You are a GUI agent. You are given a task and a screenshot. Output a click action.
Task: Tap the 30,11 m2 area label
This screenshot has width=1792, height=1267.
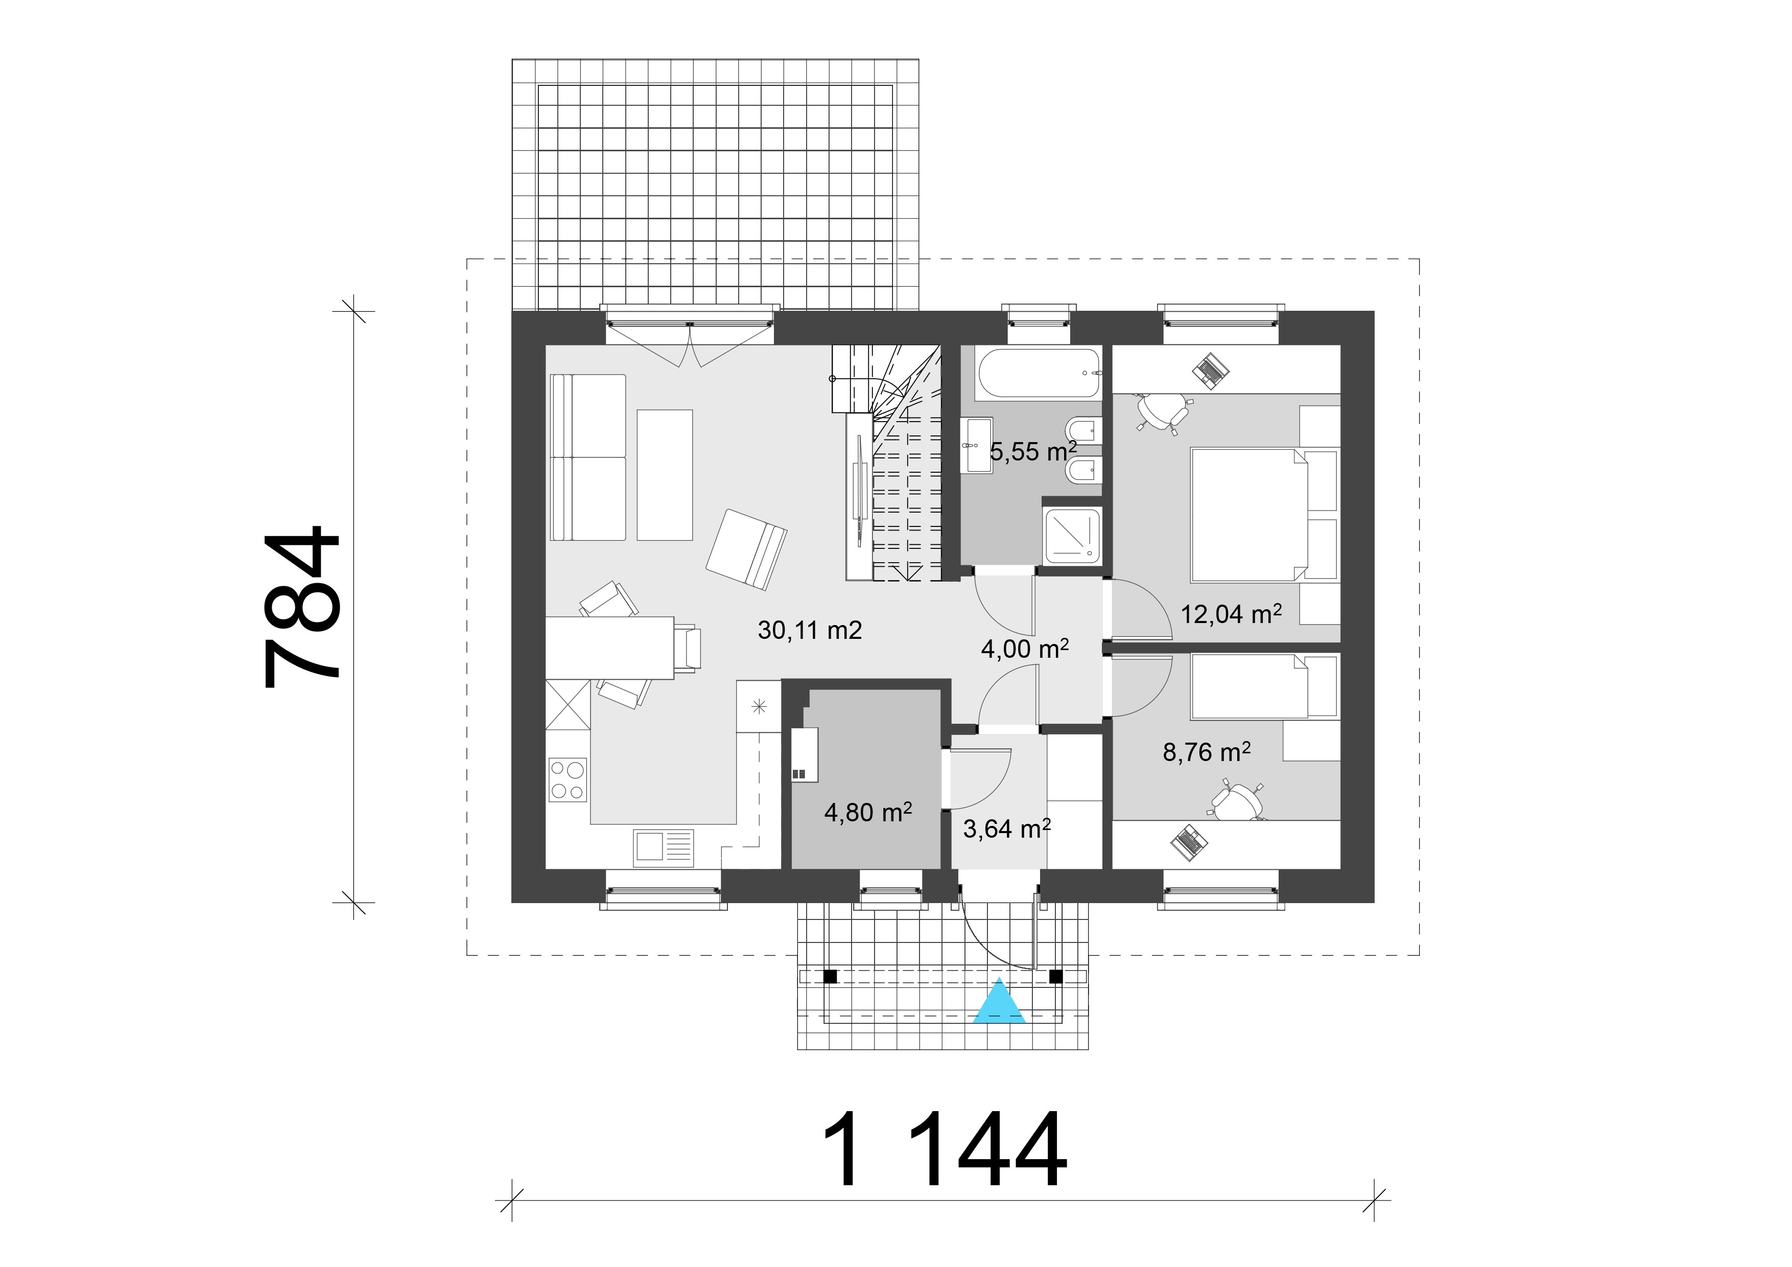pos(809,630)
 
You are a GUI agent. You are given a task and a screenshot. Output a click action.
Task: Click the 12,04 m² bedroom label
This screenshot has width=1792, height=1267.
pos(1231,614)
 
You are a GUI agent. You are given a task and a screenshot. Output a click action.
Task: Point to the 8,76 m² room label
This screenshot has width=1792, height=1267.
pos(1207,752)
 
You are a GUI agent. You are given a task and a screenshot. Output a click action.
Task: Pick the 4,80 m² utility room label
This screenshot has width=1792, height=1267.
pos(868,813)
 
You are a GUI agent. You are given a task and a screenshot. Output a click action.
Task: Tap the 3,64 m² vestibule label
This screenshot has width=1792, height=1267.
pos(1006,828)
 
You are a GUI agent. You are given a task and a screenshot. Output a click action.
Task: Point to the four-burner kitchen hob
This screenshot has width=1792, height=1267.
pos(568,780)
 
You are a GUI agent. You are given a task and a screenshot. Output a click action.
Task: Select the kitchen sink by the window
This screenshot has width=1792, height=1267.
pos(664,846)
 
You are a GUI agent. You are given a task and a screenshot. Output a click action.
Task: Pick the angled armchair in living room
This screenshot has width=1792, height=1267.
pos(746,549)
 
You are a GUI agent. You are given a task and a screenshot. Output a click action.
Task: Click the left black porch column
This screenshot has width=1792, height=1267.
pos(831,976)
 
